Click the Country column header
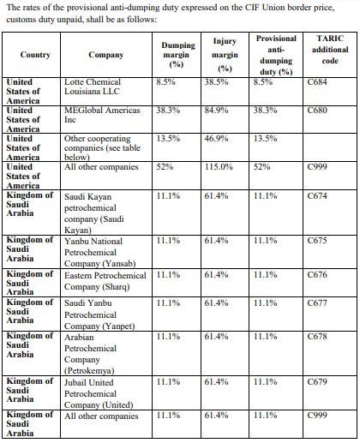[35, 55]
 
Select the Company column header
[106, 55]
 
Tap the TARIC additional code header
[330, 50]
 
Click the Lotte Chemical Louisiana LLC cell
[93, 87]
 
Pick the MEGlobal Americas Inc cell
[102, 115]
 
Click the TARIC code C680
[317, 111]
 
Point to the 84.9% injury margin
[216, 111]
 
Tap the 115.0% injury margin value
[219, 167]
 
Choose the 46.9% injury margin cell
[216, 139]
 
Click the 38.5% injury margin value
[216, 82]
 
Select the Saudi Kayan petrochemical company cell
[94, 213]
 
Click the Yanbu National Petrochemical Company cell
[100, 252]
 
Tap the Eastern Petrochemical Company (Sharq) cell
[105, 281]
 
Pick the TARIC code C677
[317, 303]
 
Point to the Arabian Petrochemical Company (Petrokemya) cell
[90, 354]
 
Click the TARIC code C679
[317, 382]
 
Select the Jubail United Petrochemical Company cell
[99, 393]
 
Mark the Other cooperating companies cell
[102, 147]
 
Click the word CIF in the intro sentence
[253, 7]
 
